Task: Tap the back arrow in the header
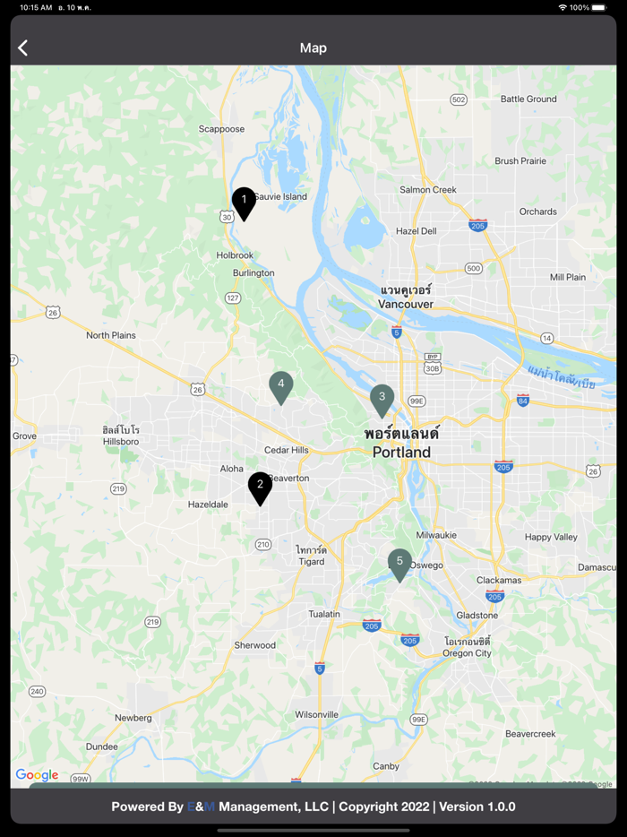(23, 48)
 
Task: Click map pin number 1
(244, 201)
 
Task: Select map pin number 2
(260, 486)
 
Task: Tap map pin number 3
(382, 398)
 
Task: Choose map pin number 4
(281, 384)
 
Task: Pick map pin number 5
(399, 563)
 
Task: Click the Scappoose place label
(221, 129)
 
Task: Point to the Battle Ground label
(528, 99)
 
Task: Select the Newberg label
(133, 718)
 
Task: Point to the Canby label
(386, 766)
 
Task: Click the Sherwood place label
(255, 645)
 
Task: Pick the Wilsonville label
(317, 714)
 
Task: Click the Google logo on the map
(37, 775)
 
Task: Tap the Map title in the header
(313, 48)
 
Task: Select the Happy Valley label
(551, 537)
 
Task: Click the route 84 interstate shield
(523, 400)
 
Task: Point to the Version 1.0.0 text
(477, 807)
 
